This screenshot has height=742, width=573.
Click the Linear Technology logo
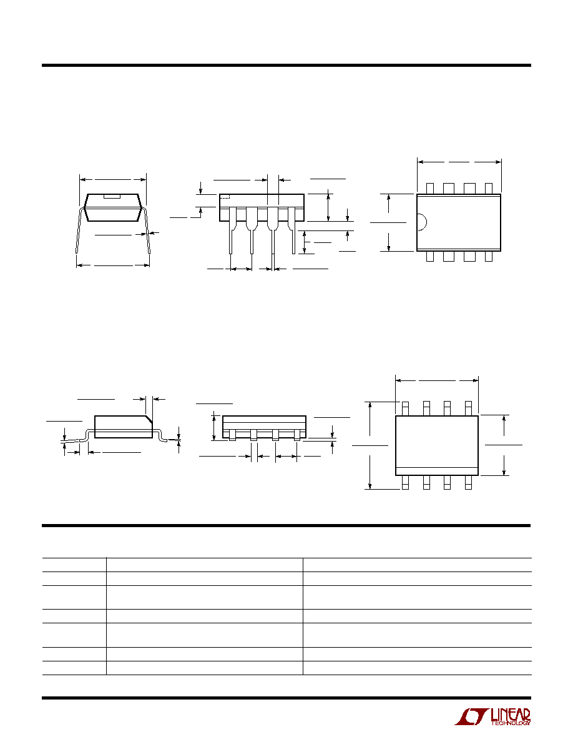492,716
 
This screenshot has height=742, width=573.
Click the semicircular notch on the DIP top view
422,222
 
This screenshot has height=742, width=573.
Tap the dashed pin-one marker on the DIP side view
225,196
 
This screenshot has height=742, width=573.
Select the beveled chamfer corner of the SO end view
148,419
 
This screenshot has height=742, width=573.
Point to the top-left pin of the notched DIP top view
429,189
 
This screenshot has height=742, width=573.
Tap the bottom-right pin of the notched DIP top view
489,256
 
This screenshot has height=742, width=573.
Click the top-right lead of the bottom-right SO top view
469,408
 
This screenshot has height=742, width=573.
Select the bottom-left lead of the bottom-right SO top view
405,482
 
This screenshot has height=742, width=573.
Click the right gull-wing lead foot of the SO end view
161,435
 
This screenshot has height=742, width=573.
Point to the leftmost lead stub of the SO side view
232,435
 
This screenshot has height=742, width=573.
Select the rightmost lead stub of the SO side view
297,435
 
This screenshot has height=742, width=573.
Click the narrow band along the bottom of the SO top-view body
437,471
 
